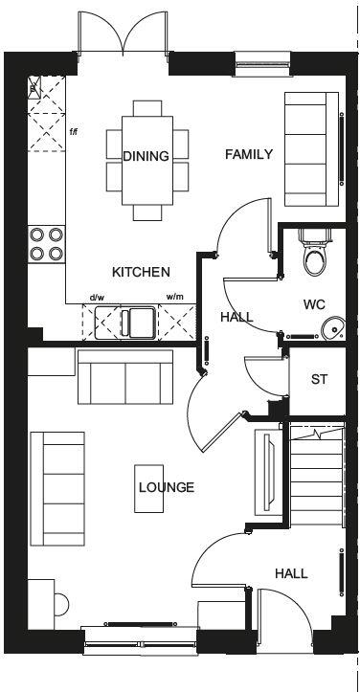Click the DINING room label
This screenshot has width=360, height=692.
pyautogui.click(x=146, y=156)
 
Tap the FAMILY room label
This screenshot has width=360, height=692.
pyautogui.click(x=249, y=154)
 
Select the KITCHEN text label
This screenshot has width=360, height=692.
pyautogui.click(x=141, y=272)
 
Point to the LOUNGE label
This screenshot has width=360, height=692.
pyautogui.click(x=166, y=487)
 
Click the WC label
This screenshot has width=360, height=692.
pyautogui.click(x=314, y=305)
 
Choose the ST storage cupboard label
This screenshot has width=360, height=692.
pyautogui.click(x=319, y=379)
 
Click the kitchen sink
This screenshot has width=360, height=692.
pyautogui.click(x=133, y=321)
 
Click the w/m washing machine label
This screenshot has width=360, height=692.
pyautogui.click(x=174, y=298)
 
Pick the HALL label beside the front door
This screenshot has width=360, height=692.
pyautogui.click(x=291, y=573)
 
